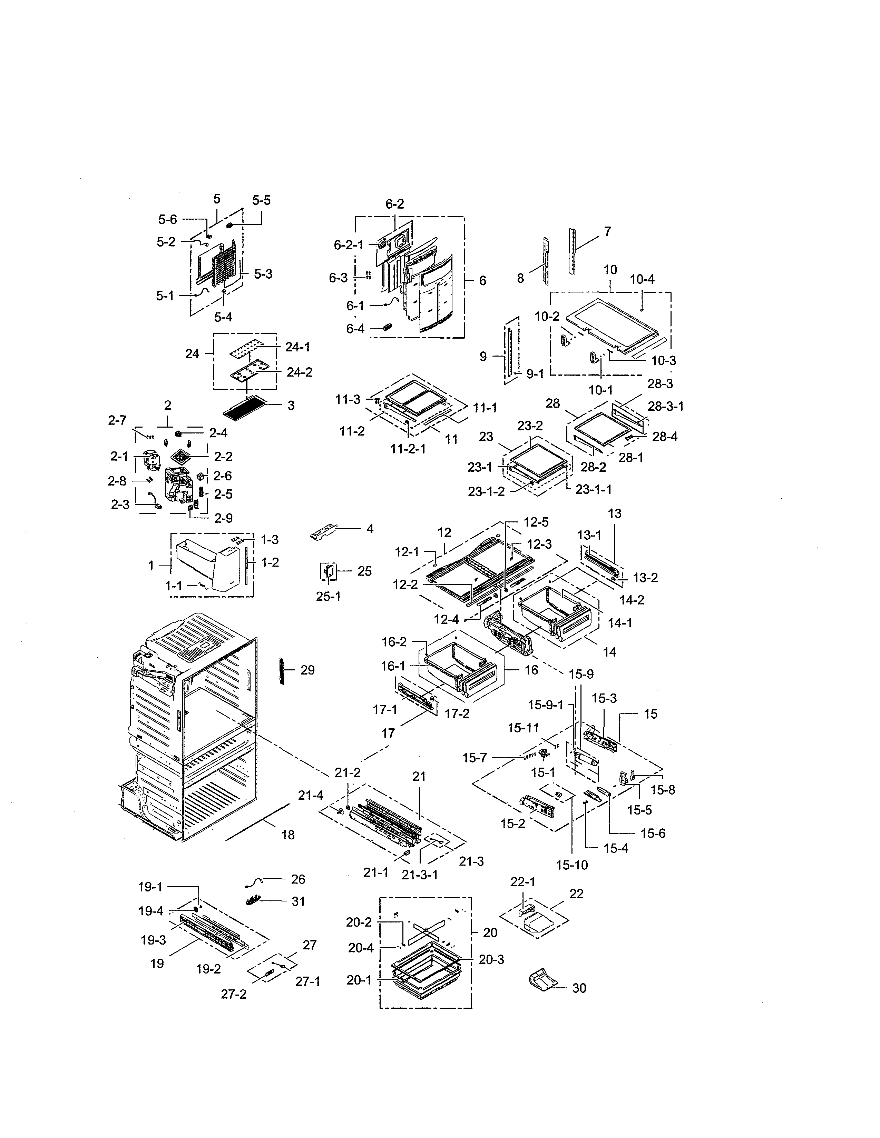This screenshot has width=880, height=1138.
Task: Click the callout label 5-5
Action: (x=261, y=201)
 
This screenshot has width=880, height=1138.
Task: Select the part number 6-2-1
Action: (x=348, y=245)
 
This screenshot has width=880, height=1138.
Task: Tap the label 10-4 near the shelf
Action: (x=642, y=279)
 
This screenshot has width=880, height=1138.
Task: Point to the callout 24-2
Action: (x=299, y=372)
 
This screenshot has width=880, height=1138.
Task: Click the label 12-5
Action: (x=536, y=522)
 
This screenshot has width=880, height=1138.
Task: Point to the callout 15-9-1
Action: (x=545, y=705)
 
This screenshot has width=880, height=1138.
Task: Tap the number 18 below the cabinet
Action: (x=288, y=835)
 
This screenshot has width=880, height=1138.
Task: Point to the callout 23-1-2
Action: (x=486, y=491)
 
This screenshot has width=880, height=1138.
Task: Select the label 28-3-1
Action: (x=666, y=407)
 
